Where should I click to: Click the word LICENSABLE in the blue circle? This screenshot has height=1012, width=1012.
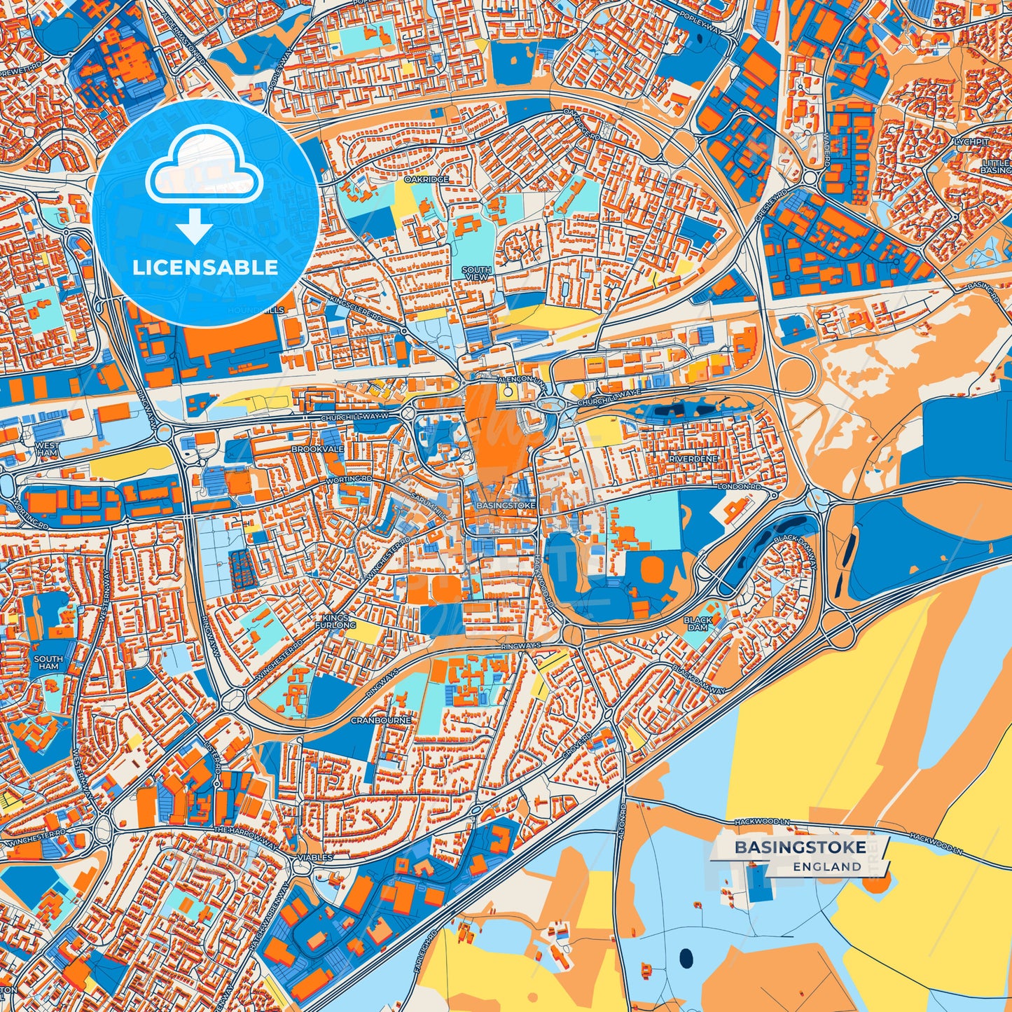pos(205,267)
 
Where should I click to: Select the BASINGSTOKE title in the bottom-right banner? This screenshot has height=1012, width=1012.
pos(800,847)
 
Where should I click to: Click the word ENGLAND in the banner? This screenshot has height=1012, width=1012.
pos(827,866)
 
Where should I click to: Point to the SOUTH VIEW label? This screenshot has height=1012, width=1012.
pos(476,273)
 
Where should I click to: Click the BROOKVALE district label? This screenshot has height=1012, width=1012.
pos(317,449)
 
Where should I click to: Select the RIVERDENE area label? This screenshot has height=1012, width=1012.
pos(693,459)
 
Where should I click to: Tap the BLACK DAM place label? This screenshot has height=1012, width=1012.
pos(698,623)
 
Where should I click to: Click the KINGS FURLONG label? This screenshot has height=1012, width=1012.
pos(335,621)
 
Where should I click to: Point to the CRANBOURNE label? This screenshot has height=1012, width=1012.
pos(381,720)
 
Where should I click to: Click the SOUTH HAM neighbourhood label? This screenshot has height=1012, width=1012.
pos(48,663)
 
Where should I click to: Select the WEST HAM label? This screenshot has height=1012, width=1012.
pos(47,449)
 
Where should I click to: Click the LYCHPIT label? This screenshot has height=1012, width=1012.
pos(972,141)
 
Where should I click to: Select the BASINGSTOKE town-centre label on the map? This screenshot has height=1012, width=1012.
pos(506,505)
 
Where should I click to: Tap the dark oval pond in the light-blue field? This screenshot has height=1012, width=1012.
pos(685,956)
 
